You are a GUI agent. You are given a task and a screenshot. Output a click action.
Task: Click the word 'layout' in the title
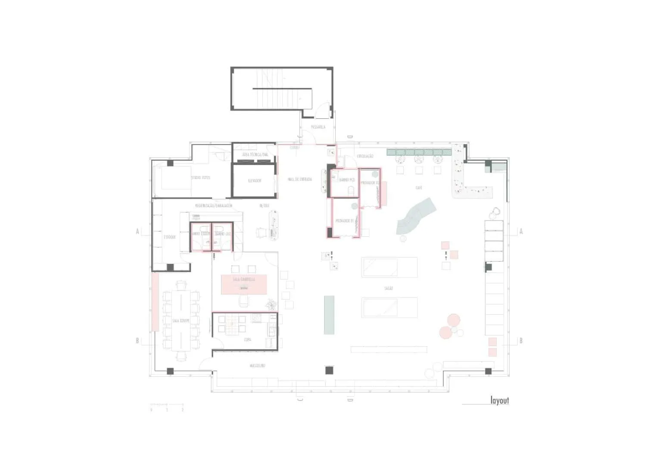point(499,400)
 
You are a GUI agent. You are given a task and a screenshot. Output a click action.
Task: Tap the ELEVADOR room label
point(254,181)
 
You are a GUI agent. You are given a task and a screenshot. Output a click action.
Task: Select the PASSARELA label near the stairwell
point(318,127)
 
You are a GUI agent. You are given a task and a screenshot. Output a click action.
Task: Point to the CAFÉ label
point(419,188)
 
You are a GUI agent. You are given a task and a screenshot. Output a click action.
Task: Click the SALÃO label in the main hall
point(388,288)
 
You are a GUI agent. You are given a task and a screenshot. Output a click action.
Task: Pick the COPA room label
point(247,340)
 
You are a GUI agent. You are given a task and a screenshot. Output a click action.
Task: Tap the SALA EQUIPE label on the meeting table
point(181,321)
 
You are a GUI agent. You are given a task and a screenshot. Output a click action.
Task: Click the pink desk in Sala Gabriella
point(244,284)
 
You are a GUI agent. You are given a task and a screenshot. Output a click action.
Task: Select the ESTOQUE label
point(169,237)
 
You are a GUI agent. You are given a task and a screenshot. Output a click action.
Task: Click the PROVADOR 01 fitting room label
point(345,220)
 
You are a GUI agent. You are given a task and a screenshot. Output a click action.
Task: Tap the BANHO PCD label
point(347,180)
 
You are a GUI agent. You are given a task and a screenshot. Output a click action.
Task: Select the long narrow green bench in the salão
point(329,314)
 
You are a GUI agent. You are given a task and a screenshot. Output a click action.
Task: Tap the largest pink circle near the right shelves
point(454,321)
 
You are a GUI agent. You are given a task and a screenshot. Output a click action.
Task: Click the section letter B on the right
point(521,341)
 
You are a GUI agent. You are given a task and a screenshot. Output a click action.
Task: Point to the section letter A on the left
point(138,232)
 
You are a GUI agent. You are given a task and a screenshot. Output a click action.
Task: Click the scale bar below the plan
point(167,405)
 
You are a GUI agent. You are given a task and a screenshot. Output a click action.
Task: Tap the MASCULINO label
point(257,366)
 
